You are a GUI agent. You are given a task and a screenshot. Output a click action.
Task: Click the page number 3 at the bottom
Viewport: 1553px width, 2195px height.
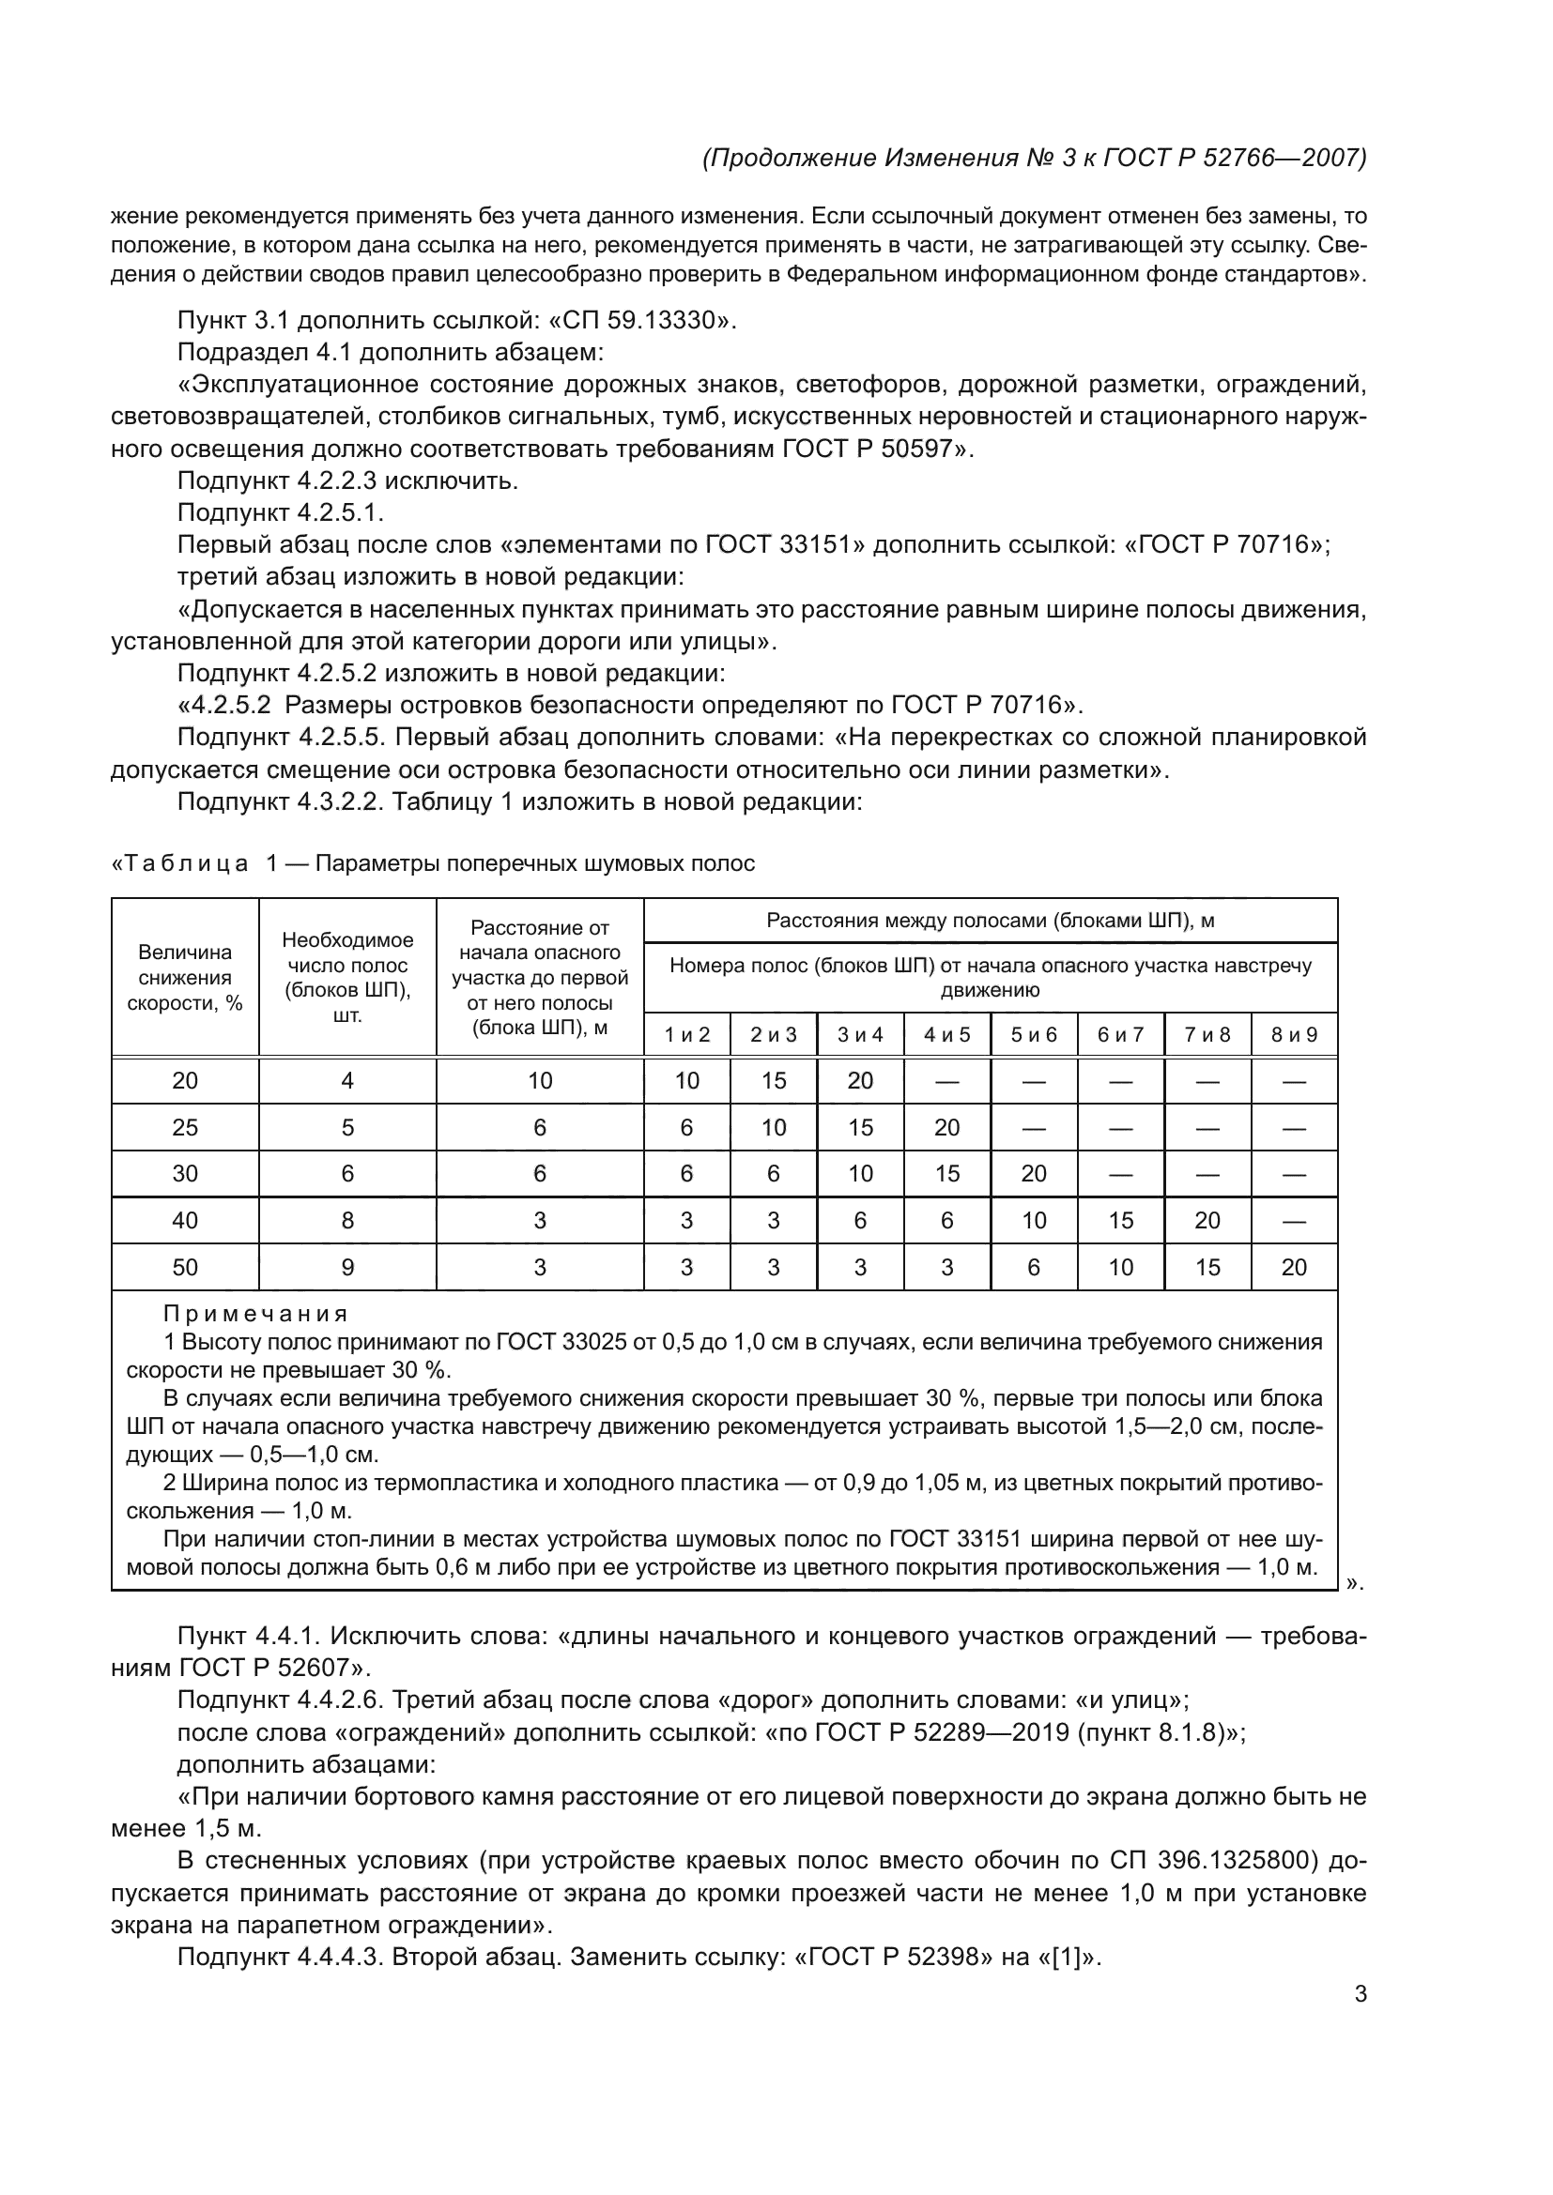pyautogui.click(x=1360, y=1994)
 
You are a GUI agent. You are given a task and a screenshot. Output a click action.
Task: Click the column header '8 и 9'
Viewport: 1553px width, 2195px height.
pyautogui.click(x=1293, y=1034)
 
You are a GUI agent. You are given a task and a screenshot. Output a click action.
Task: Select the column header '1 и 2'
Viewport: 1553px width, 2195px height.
pyautogui.click(x=686, y=1034)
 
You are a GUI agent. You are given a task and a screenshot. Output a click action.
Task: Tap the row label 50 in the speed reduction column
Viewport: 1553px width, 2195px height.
pyautogui.click(x=185, y=1267)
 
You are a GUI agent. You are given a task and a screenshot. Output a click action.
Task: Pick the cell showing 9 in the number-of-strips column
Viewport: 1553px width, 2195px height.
pyautogui.click(x=347, y=1267)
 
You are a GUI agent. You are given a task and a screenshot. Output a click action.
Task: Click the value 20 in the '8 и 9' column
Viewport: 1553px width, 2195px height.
pyautogui.click(x=1293, y=1267)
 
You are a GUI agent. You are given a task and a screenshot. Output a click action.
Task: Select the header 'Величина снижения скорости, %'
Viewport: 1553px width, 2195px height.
pyautogui.click(x=185, y=977)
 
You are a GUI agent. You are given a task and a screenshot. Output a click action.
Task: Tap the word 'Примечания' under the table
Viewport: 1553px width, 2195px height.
pyautogui.click(x=255, y=1314)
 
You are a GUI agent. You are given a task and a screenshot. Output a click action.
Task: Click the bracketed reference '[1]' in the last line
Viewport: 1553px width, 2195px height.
pyautogui.click(x=1065, y=1957)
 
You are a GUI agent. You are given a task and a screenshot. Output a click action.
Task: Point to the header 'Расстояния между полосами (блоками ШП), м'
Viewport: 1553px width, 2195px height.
pyautogui.click(x=990, y=921)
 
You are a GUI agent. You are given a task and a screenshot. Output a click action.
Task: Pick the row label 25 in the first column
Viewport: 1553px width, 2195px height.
pyautogui.click(x=185, y=1127)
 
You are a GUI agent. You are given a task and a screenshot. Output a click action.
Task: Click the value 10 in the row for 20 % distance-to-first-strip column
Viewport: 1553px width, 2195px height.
pyautogui.click(x=539, y=1080)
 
